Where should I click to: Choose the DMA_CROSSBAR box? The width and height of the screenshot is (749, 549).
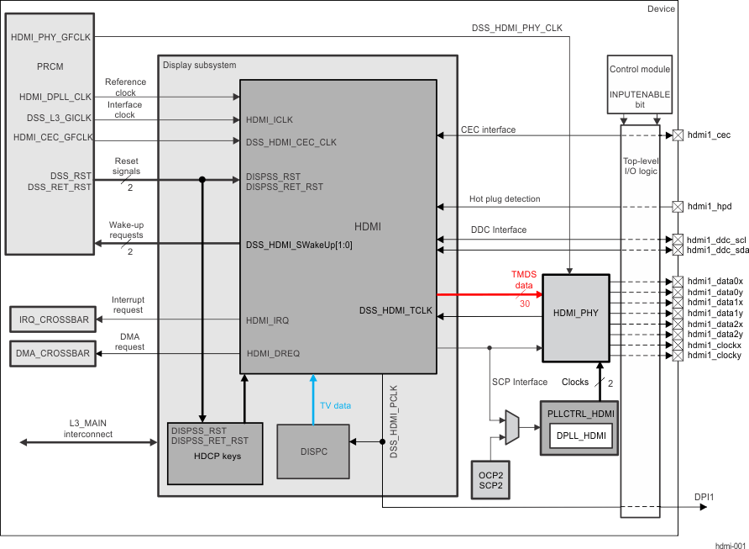pos(52,354)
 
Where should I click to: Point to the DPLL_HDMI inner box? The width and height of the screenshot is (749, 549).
pos(580,435)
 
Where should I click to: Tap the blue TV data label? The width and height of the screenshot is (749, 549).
pos(335,405)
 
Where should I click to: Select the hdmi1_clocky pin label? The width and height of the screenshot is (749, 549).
pos(715,356)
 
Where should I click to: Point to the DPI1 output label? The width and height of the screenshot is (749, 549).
pos(704,497)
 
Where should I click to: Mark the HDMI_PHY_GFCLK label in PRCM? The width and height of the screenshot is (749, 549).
pos(51,38)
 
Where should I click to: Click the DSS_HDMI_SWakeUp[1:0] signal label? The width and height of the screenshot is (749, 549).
pos(299,245)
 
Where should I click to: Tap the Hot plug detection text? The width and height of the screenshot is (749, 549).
pos(505,199)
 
